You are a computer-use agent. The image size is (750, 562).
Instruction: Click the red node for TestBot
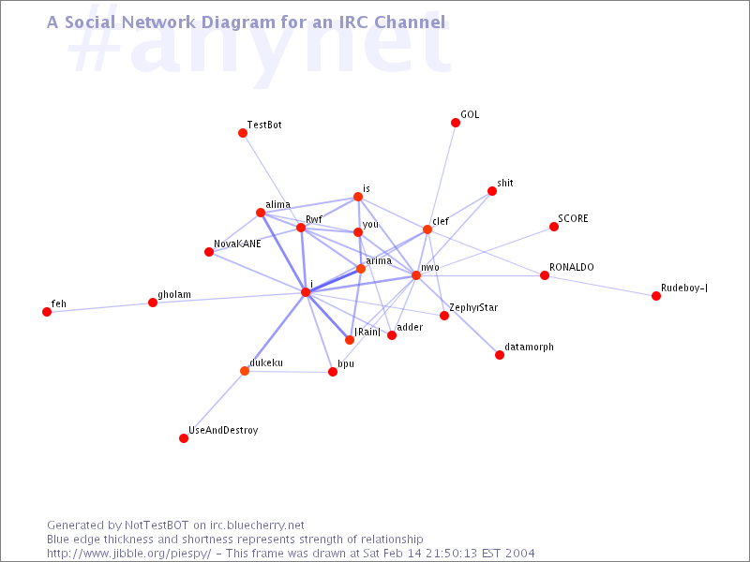tap(243, 133)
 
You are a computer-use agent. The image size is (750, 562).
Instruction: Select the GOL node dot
tap(456, 123)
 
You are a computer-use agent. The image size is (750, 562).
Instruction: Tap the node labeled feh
tap(47, 312)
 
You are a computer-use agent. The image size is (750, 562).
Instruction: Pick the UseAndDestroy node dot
tap(184, 438)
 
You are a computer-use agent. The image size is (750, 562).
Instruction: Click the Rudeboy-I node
tap(656, 296)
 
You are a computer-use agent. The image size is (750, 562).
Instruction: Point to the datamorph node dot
tap(500, 355)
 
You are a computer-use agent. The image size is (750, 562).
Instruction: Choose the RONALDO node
tap(545, 275)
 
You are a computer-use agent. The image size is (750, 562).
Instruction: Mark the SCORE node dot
tap(554, 227)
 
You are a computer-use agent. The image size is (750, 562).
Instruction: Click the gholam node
tap(153, 303)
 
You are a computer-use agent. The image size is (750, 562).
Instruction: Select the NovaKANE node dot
tap(209, 252)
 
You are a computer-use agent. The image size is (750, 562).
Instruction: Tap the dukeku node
tap(245, 371)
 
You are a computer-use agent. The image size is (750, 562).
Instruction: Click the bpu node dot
tap(333, 372)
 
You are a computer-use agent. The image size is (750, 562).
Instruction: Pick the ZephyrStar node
tap(444, 316)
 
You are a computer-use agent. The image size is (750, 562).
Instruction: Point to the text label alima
tap(277, 204)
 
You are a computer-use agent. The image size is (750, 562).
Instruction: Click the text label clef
tap(441, 222)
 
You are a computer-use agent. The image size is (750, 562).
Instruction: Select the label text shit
tap(505, 184)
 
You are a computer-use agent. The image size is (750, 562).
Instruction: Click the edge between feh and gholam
tap(99, 307)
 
